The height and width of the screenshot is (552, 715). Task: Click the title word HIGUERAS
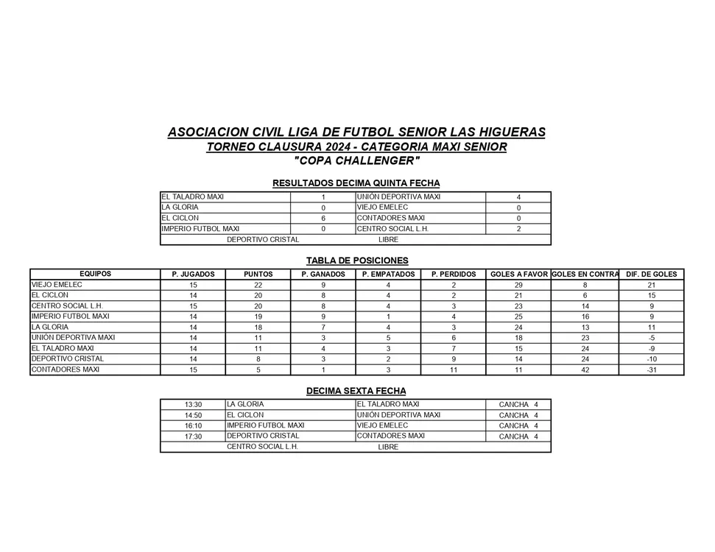coord(507,132)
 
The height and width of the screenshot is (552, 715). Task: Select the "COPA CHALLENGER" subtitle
coord(357,160)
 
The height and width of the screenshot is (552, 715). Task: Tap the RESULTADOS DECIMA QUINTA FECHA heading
coord(356,183)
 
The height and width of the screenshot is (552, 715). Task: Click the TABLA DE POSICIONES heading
coord(357,261)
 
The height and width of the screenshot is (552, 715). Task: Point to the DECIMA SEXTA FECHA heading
coord(356,391)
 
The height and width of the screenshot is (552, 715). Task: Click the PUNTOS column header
coord(258,275)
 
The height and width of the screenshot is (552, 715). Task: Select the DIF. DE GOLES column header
coord(651,275)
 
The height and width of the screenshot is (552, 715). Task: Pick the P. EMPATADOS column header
coord(388,275)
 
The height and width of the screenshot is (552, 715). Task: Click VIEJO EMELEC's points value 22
coord(258,285)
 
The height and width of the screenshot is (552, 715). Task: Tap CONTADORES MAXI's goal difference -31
coord(651,370)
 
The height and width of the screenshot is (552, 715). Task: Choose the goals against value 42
coord(585,370)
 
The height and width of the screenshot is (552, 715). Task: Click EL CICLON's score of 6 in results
coord(323,219)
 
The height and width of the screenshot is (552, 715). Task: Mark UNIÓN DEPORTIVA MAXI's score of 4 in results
coord(518,197)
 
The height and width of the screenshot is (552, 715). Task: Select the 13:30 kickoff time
coord(194,405)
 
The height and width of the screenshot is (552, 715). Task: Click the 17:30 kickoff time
coord(194,436)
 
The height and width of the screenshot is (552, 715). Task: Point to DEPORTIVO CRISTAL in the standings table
coord(68,359)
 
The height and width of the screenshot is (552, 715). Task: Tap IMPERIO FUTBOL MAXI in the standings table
coord(70,316)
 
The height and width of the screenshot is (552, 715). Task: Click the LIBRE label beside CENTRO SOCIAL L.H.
coord(388,447)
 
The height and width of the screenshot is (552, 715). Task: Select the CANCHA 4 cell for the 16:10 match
coord(518,426)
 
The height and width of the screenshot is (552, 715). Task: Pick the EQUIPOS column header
coord(95,274)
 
